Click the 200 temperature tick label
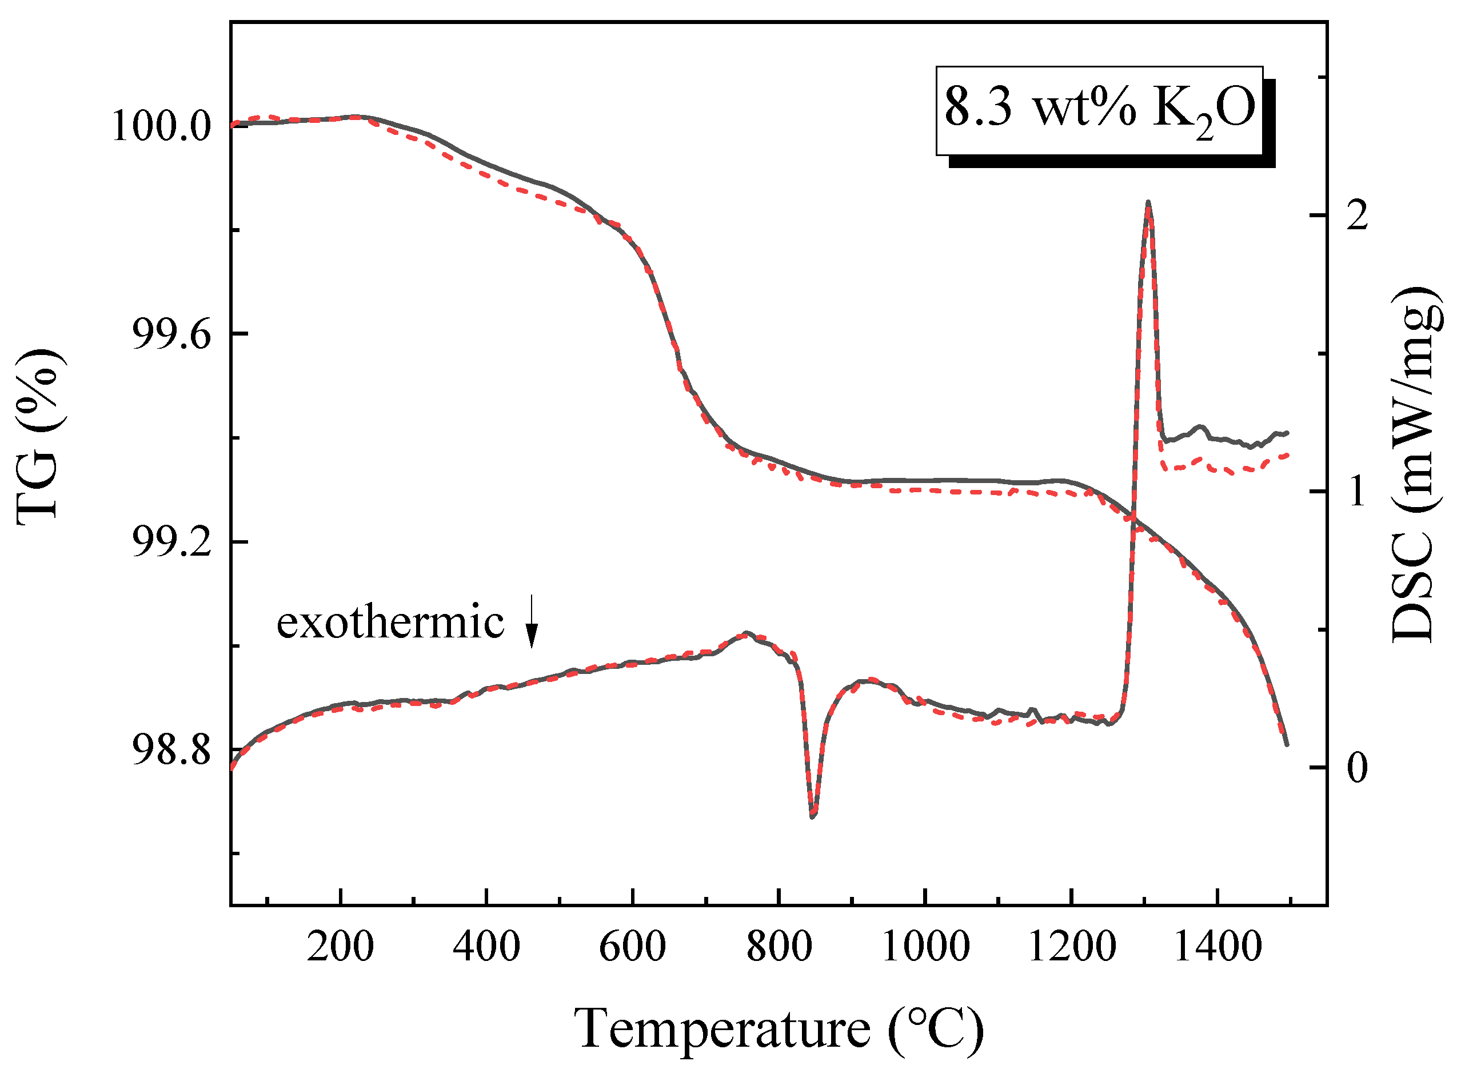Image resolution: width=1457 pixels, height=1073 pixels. [340, 947]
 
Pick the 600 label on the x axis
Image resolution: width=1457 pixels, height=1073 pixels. [632, 947]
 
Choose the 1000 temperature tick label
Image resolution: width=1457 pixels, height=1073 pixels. [925, 947]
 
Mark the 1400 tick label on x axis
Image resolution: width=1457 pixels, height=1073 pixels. [1218, 947]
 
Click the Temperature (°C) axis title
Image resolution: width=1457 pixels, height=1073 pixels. [779, 1029]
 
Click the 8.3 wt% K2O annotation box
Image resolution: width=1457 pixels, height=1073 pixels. [1099, 110]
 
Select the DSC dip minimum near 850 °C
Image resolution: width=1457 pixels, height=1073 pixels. [812, 816]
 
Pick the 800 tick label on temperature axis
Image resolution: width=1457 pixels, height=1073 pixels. [779, 947]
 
